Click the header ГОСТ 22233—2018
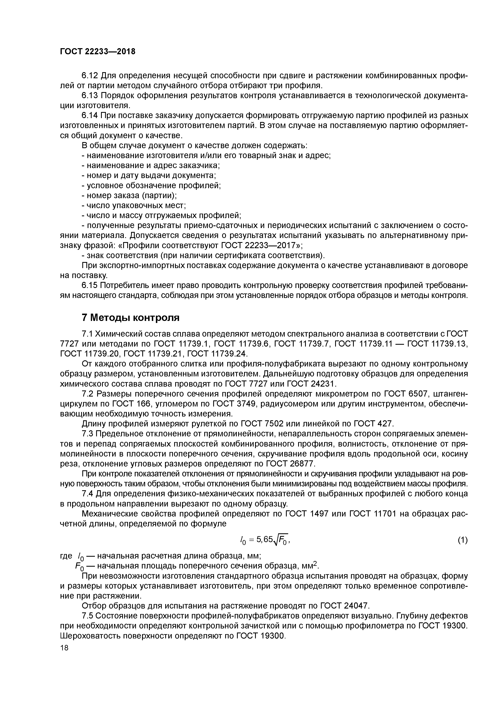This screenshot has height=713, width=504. pyautogui.click(x=98, y=52)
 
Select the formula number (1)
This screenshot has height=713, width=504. pyautogui.click(x=462, y=540)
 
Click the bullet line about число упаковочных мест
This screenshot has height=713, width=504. pyautogui.click(x=134, y=205)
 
